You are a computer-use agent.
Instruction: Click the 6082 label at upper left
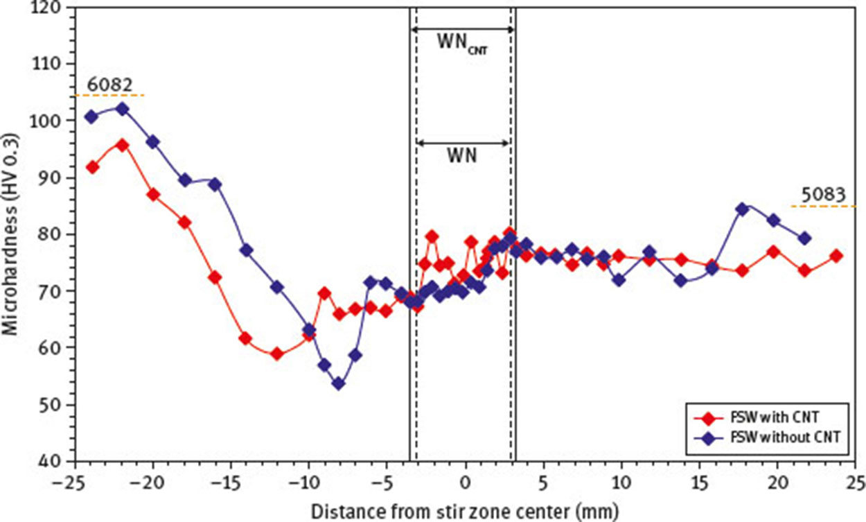click(107, 85)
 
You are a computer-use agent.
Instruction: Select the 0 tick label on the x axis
click(465, 481)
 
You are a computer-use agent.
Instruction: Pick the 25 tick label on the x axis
click(856, 481)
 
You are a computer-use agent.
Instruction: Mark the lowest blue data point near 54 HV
click(339, 383)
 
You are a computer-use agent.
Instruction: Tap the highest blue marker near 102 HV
click(122, 109)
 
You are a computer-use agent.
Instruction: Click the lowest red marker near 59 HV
click(276, 354)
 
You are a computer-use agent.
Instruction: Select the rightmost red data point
click(836, 256)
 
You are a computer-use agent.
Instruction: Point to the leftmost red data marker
click(91, 167)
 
